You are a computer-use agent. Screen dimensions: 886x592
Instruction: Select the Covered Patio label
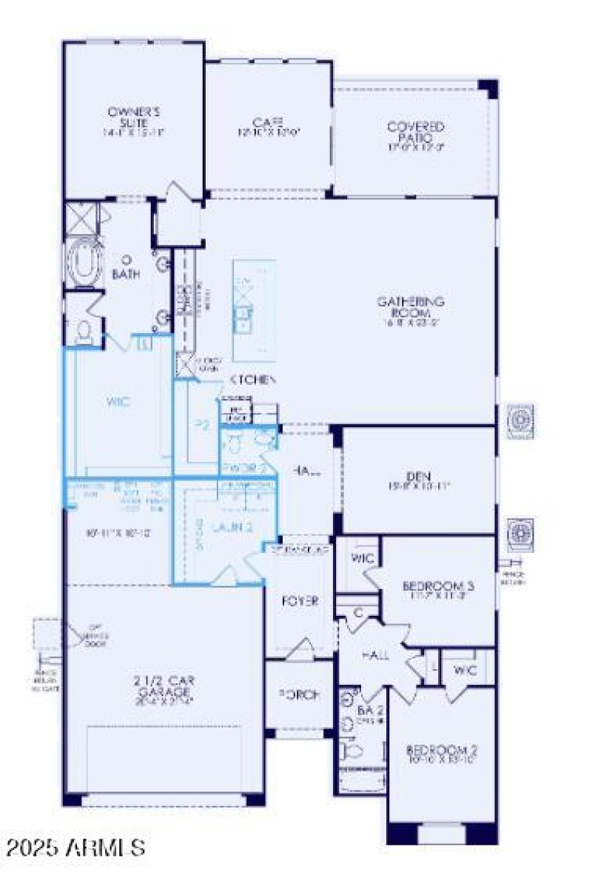click(416, 132)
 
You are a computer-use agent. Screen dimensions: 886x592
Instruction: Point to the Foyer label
click(300, 601)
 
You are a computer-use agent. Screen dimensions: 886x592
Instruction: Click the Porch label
click(299, 695)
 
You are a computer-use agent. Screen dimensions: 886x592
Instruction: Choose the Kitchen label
click(252, 380)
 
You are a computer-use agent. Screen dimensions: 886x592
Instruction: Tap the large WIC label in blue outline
click(118, 403)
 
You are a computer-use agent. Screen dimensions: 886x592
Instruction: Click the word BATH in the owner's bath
click(126, 274)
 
